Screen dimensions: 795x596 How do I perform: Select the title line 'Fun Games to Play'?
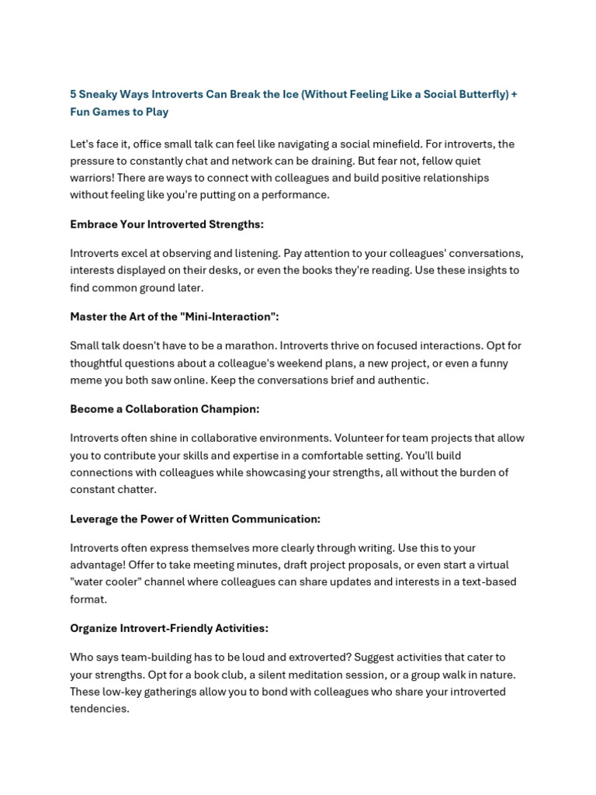point(119,112)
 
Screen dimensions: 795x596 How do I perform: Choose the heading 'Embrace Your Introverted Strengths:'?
point(167,224)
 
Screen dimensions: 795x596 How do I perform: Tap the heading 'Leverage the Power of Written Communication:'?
point(195,519)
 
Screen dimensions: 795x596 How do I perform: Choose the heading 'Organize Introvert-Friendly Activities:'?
point(169,628)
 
